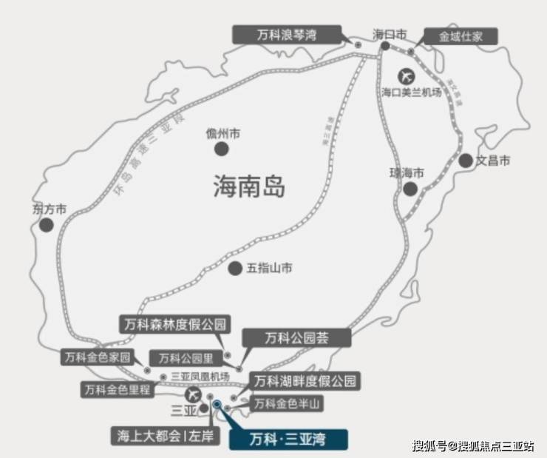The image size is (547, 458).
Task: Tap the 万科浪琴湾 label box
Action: (x=288, y=34)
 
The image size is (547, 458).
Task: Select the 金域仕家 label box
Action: (x=458, y=36)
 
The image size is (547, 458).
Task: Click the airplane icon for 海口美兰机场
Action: (x=406, y=75)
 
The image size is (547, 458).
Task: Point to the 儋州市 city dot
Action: (x=221, y=149)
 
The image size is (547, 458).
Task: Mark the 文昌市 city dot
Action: (x=466, y=161)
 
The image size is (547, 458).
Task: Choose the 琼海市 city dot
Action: (x=410, y=189)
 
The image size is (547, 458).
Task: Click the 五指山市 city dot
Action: (x=235, y=269)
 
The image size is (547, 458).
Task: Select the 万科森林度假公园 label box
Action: (x=175, y=324)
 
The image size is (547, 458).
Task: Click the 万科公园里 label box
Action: (x=184, y=357)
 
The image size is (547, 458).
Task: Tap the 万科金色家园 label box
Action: (x=97, y=357)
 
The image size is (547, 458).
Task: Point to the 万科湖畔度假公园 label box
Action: (x=305, y=382)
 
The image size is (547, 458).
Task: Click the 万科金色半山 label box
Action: (x=288, y=404)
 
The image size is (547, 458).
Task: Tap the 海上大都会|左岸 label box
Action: (x=166, y=434)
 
